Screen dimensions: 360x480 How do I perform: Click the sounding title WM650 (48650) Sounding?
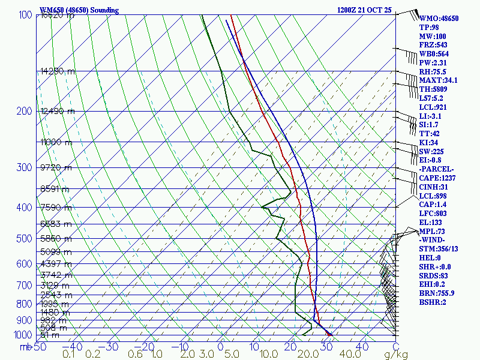coord(79,10)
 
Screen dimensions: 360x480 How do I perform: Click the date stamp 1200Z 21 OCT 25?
coord(365,10)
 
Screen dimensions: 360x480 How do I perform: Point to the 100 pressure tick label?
coord(25,15)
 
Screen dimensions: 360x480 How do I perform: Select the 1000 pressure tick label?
coord(23,335)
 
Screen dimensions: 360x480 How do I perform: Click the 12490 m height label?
coord(58,111)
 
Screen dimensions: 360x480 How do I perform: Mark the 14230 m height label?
coord(58,71)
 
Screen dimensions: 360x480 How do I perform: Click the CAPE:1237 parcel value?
coord(439,178)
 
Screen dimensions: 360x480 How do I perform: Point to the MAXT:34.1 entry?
coord(439,80)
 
